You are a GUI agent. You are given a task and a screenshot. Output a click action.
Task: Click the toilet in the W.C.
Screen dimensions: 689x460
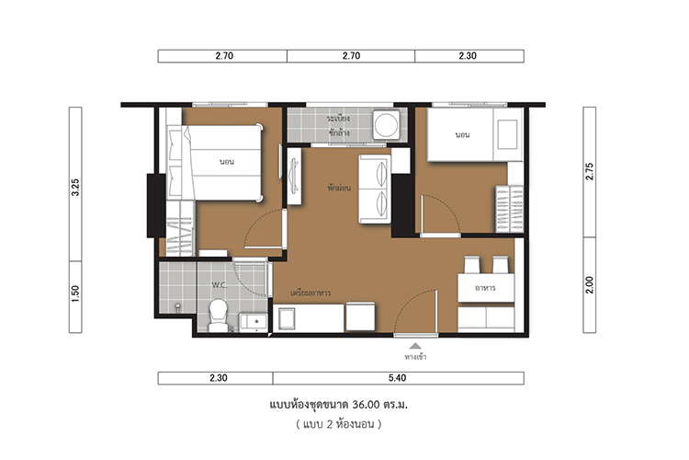[x=218, y=316]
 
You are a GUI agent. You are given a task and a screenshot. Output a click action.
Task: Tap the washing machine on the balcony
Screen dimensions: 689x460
[x=386, y=124]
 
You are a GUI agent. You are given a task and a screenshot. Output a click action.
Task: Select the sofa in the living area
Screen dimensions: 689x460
[x=375, y=189]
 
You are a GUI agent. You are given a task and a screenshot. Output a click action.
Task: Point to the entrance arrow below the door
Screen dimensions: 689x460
[x=415, y=346]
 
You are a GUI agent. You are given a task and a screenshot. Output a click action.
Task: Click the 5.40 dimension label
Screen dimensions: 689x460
[x=397, y=378]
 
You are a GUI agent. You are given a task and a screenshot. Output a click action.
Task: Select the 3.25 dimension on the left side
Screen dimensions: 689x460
[x=75, y=187]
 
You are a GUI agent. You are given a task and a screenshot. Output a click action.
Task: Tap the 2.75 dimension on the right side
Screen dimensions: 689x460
[x=590, y=172]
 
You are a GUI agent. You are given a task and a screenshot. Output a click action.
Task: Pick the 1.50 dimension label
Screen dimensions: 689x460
[x=75, y=293]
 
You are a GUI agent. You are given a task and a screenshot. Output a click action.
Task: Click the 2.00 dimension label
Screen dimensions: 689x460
[x=590, y=285]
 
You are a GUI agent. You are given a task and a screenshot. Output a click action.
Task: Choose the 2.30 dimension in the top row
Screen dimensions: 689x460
[x=468, y=56]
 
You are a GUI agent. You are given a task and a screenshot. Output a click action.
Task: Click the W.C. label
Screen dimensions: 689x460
[x=220, y=285]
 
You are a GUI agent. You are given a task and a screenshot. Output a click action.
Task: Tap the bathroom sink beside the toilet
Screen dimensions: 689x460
[x=254, y=322]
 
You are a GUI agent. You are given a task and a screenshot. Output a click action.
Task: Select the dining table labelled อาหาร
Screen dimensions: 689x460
[x=486, y=287]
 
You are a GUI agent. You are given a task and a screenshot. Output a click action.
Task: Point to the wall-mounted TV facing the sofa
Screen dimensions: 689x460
[x=294, y=176]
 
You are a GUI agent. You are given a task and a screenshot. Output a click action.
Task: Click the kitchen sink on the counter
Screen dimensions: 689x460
[x=287, y=318]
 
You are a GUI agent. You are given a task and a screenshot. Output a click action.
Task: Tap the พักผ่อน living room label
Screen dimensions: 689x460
[x=339, y=188]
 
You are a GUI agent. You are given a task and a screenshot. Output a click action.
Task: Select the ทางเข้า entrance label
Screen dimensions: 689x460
[x=415, y=357]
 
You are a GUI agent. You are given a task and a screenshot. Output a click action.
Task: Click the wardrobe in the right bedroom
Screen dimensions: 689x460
[x=510, y=209]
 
